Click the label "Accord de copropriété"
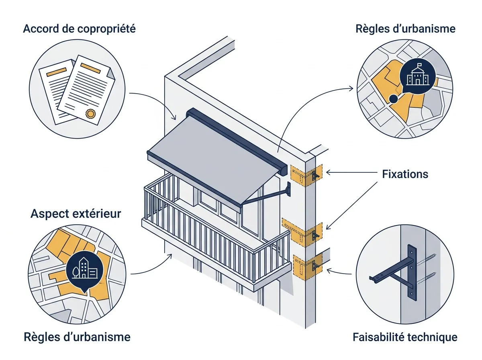(79, 29)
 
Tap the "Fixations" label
(405, 174)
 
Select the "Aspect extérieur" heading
(76, 214)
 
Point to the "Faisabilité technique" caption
(405, 337)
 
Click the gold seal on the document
(90, 114)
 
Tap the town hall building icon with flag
(417, 75)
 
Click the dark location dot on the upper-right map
(393, 99)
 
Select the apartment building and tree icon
(84, 268)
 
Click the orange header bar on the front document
(90, 68)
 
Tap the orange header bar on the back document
(57, 72)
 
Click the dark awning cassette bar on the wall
(237, 142)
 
